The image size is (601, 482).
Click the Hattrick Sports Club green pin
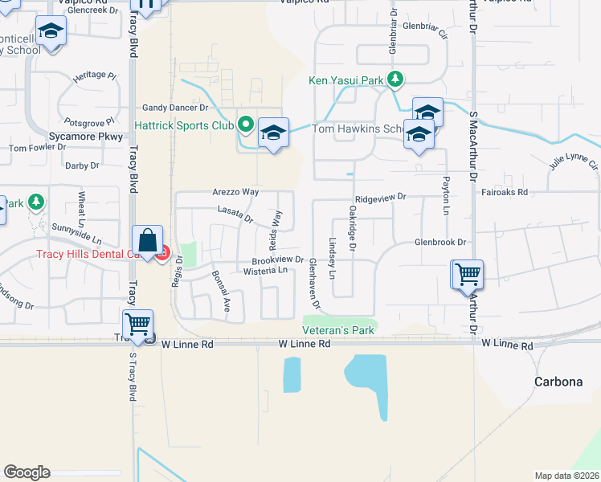click(246, 125)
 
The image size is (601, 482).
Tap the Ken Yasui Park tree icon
click(395, 79)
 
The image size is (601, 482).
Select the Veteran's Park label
click(338, 330)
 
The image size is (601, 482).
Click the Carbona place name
click(558, 382)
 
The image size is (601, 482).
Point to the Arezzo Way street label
click(235, 192)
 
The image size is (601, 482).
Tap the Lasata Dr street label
click(235, 213)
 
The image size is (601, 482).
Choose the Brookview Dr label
click(277, 260)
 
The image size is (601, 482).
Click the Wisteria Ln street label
click(265, 272)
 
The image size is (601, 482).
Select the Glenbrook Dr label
click(440, 242)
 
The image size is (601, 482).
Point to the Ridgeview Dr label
click(381, 197)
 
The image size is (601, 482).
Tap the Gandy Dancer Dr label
click(175, 107)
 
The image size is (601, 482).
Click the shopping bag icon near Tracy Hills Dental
click(148, 240)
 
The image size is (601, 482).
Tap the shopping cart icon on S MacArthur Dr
click(467, 275)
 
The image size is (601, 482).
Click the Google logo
click(27, 472)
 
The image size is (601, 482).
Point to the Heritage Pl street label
click(95, 76)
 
